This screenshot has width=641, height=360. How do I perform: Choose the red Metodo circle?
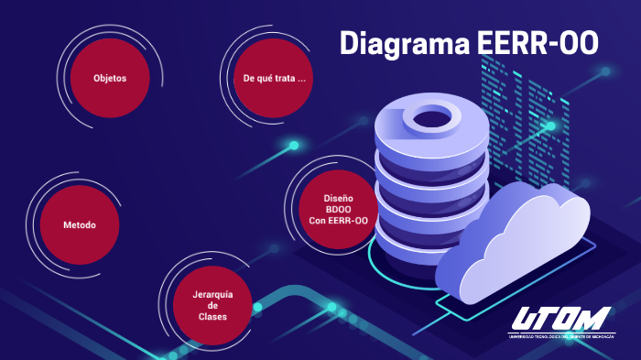pos(79,224)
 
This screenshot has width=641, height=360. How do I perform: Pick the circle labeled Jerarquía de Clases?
pos(212,306)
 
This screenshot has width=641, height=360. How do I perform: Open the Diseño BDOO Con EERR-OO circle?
pos(338,209)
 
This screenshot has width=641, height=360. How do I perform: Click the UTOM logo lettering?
pos(560,319)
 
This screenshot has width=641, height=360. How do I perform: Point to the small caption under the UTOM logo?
pos(560,336)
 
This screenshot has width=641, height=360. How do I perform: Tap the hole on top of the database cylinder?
pos(430,116)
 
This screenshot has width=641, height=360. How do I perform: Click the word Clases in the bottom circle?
pos(212,317)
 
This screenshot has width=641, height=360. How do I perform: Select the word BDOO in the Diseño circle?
pos(338,209)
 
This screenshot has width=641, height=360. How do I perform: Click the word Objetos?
pos(109,78)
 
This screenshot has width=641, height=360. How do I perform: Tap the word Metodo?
pos(79,224)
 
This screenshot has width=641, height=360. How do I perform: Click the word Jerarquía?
pos(212,294)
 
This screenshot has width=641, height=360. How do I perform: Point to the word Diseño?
pos(338,198)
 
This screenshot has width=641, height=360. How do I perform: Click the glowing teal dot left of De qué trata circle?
pos(294,145)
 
